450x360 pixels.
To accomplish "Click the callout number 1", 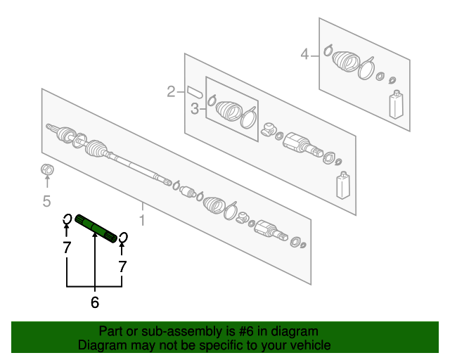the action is pyautogui.click(x=142, y=220).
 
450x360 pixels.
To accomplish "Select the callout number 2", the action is pyautogui.click(x=171, y=91).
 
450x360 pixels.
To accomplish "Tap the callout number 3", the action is pyautogui.click(x=195, y=109).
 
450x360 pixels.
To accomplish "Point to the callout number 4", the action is pyautogui.click(x=304, y=54).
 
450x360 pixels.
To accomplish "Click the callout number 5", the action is pyautogui.click(x=47, y=200).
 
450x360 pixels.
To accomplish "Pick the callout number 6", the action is pyautogui.click(x=95, y=302).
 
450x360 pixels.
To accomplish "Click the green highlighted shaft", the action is pyautogui.click(x=96, y=229).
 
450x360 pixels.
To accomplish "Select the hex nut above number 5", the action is pyautogui.click(x=47, y=169).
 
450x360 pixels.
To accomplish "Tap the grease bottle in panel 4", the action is pyautogui.click(x=396, y=104).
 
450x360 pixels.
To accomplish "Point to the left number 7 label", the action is pyautogui.click(x=67, y=247).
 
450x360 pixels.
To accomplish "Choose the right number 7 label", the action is pyautogui.click(x=122, y=266).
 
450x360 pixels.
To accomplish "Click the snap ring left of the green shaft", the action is pyautogui.click(x=67, y=219).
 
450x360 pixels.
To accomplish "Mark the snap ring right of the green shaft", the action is pyautogui.click(x=123, y=238).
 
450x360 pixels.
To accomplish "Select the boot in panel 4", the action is pyautogui.click(x=346, y=61).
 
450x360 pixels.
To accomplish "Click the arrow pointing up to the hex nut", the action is pyautogui.click(x=47, y=182).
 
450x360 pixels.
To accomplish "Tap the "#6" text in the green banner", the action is pyautogui.click(x=246, y=331).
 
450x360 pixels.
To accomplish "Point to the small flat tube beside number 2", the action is pyautogui.click(x=195, y=92).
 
